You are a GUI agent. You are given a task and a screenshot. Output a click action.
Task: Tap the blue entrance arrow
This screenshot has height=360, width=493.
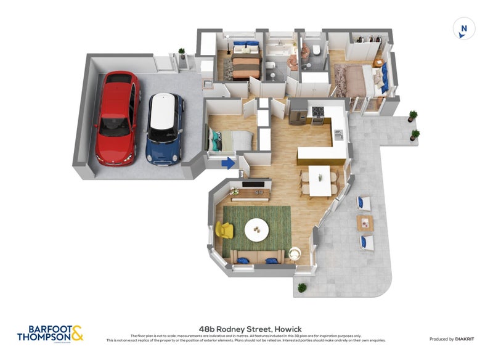227,163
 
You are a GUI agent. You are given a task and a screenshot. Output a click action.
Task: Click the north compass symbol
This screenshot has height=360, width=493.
464,29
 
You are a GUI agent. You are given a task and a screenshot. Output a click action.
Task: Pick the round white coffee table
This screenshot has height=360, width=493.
256,231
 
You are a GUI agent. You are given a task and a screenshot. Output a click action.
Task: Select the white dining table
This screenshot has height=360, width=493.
320,181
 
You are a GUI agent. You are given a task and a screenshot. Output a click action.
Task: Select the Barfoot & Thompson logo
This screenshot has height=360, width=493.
50,333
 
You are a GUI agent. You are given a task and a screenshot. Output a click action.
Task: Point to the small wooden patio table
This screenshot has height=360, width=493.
365,222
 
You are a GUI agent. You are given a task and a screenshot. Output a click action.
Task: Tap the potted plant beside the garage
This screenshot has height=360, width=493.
181,54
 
